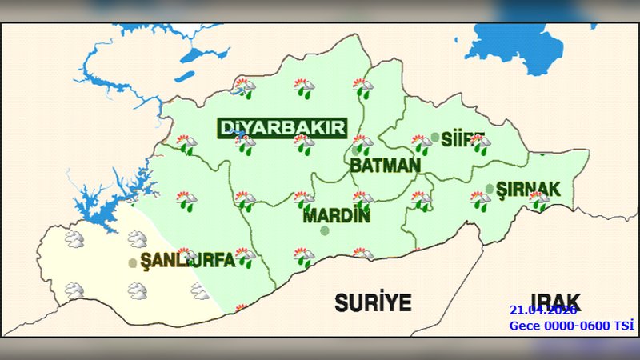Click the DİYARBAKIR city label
click(x=282, y=127)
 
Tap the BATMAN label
click(x=385, y=166)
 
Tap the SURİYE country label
click(x=373, y=302)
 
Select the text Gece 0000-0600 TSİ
click(x=571, y=325)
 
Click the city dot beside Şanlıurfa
click(x=133, y=262)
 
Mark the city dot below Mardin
click(x=325, y=230)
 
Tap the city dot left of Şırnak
click(x=490, y=189)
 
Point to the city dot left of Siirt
click(x=434, y=137)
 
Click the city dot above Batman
click(x=356, y=150)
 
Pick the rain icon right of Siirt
click(x=480, y=144)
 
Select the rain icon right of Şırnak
click(x=539, y=200)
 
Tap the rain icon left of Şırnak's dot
click(x=479, y=200)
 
